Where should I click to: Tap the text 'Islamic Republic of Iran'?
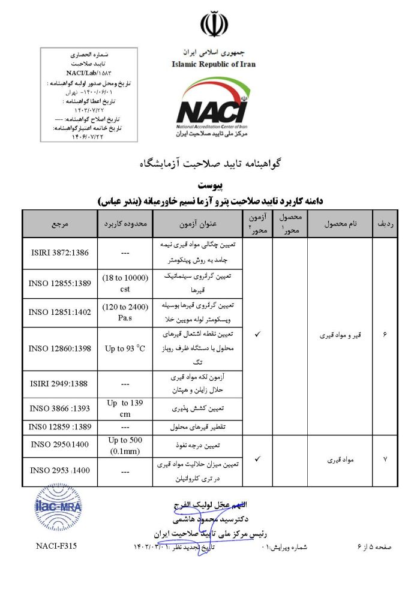(x=213, y=64)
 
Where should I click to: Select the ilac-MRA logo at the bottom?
(x=58, y=507)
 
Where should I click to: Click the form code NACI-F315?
(x=56, y=546)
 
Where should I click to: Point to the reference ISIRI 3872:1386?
(x=60, y=253)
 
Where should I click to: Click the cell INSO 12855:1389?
(x=60, y=282)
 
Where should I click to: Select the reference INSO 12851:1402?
(x=60, y=312)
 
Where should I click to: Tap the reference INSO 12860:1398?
(x=60, y=348)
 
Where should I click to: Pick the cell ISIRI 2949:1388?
(x=60, y=384)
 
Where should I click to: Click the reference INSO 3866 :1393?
(x=60, y=409)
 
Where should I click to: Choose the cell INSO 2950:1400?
(x=60, y=446)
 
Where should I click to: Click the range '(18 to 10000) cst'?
(x=125, y=282)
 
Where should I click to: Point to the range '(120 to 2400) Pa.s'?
(x=125, y=312)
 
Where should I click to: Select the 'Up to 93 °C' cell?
(x=125, y=348)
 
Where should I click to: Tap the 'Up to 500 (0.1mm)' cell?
(x=125, y=446)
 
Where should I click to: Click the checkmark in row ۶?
(x=257, y=333)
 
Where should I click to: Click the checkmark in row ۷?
(x=257, y=459)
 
